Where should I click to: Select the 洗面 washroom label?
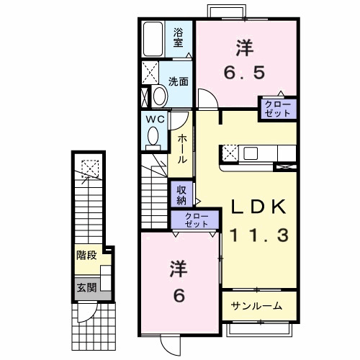tap(179, 81)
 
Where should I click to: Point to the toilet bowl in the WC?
tap(153, 135)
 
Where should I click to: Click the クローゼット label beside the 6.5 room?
tap(277, 108)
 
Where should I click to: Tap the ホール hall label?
tap(182, 148)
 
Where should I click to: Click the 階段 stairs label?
tap(87, 256)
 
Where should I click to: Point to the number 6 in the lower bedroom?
tap(179, 296)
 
